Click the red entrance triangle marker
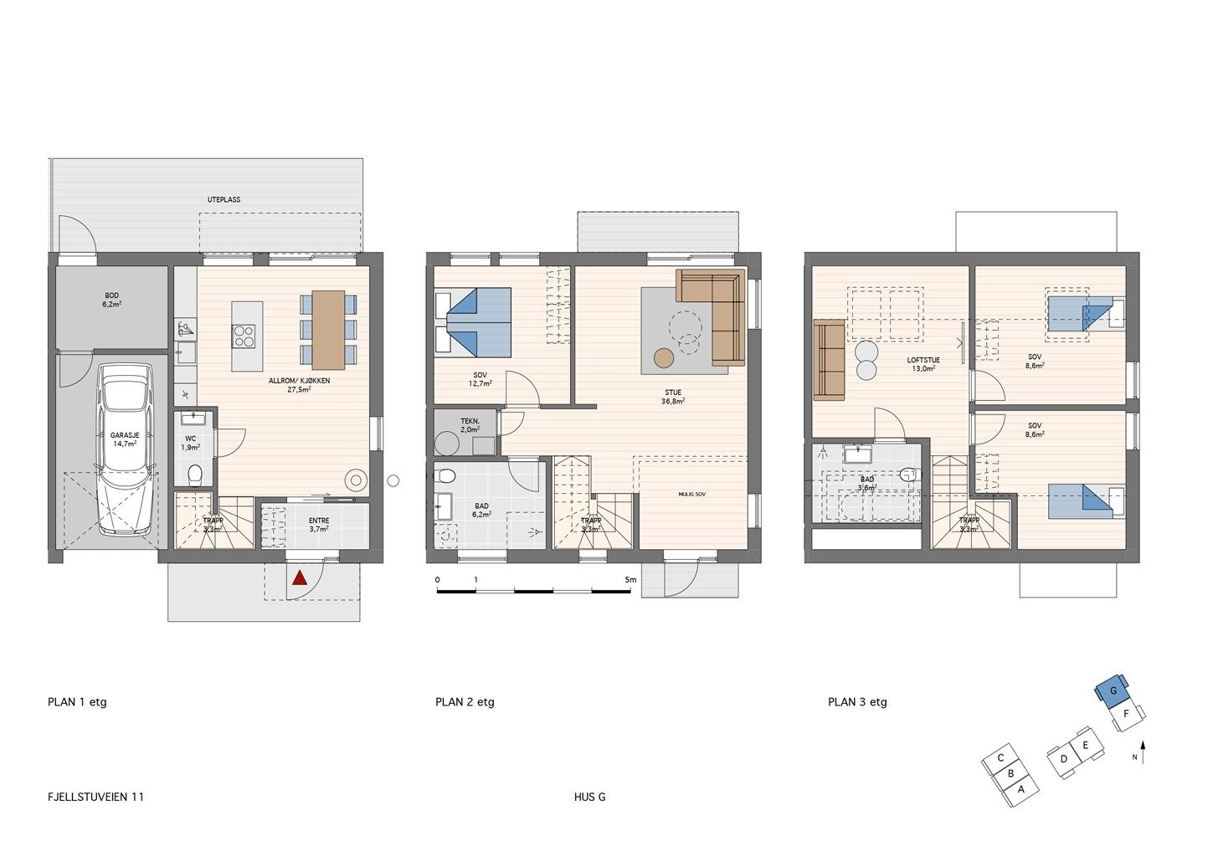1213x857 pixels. pos(300,579)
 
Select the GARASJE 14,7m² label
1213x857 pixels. pos(125,439)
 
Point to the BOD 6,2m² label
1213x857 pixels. pos(112,300)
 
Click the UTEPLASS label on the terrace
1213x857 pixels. pos(224,200)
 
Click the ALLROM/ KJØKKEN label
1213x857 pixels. pos(300,385)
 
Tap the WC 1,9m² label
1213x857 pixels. pos(190,443)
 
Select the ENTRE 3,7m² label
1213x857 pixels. pos(319,525)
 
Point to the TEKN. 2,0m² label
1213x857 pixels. pos(470,425)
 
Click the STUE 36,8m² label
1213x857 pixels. pos(673,397)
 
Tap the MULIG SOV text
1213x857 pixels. pos(692,495)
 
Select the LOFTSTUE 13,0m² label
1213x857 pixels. pos(923,364)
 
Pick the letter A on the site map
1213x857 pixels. pos(1020,789)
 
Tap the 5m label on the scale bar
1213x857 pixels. pos(630,580)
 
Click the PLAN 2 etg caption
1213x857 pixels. pos(465,702)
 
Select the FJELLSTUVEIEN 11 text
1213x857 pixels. pos(95,797)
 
